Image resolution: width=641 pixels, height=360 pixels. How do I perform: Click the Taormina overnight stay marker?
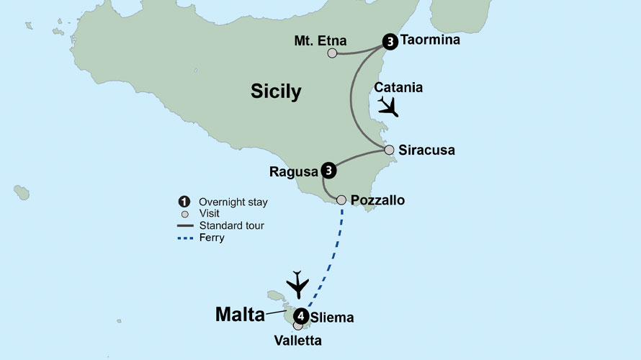pos(390,42)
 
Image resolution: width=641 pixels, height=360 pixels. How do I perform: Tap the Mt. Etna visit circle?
pos(332,53)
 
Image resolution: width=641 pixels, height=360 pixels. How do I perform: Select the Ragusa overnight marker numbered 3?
pos(328,171)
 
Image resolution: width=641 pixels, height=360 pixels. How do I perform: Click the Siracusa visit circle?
pos(389,150)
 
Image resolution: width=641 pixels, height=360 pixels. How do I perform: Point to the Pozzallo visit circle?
pos(341,199)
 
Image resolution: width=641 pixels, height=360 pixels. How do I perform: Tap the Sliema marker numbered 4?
pos(301,316)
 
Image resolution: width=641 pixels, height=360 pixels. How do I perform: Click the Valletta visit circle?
pos(297,326)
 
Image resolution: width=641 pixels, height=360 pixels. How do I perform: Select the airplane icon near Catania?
pos(387,107)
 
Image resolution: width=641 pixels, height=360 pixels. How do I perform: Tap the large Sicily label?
pos(276,91)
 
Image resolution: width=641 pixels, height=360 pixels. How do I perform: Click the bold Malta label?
pos(240,314)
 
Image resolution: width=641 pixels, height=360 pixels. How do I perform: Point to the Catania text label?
pos(398,88)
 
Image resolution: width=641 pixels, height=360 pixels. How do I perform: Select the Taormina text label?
pos(429,41)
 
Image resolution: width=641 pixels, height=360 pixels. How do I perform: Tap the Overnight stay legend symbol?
pos(184,202)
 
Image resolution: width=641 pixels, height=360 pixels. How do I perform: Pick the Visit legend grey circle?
pos(185,214)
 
